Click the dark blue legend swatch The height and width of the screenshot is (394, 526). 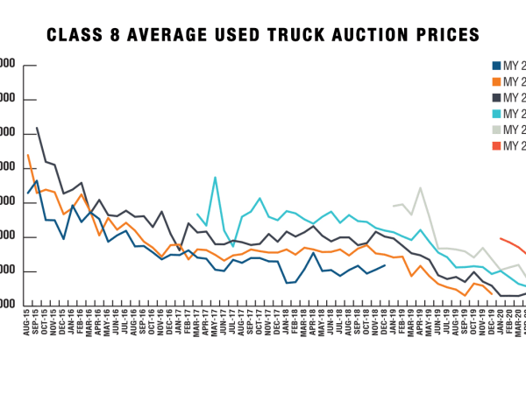(x=495, y=66)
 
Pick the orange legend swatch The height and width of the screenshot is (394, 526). (x=495, y=81)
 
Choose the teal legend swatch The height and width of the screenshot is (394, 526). (x=495, y=114)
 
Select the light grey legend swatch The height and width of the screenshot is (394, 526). (x=495, y=130)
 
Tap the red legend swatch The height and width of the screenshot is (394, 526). (x=495, y=146)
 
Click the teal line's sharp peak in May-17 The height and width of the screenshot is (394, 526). (x=215, y=178)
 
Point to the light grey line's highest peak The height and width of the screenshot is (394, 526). (x=421, y=187)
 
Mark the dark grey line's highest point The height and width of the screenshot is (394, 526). (x=37, y=128)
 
